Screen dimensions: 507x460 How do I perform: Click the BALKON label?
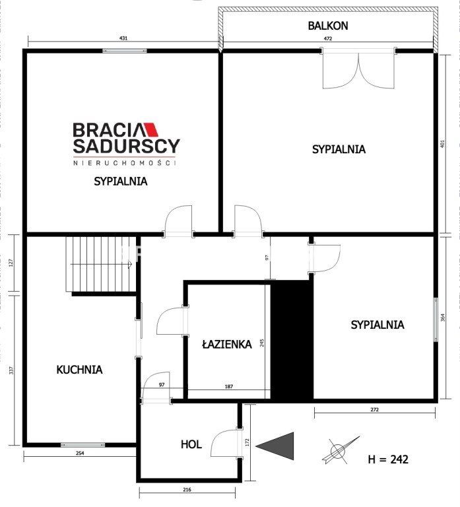328,26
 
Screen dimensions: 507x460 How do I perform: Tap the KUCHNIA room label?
79,370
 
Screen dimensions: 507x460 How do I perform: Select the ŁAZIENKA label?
226,344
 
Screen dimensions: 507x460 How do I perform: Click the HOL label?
191,444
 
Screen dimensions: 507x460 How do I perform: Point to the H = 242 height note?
388,459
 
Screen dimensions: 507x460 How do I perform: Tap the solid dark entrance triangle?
277,447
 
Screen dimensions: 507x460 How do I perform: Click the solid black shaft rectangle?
292,339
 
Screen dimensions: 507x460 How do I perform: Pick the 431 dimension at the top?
123,38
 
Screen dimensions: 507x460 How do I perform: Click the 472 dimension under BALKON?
327,39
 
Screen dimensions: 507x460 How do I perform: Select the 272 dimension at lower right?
374,410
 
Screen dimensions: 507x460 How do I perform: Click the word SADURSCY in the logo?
126,146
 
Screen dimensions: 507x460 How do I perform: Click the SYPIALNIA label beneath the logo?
120,181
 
